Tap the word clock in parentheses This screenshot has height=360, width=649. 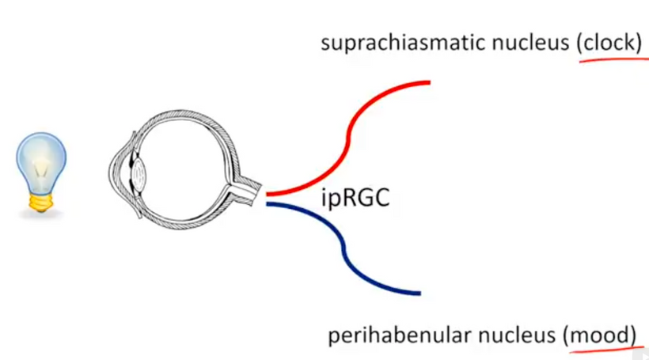coord(609,43)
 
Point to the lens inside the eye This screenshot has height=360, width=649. coord(139,170)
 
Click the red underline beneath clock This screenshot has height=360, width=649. coord(609,61)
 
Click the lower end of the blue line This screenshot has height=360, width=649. coord(417,293)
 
